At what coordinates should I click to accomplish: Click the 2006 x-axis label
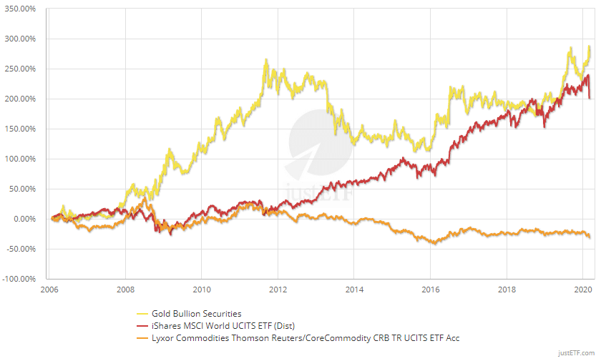[49, 290]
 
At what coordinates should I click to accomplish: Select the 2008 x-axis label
[125, 290]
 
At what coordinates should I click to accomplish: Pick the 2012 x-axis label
[278, 290]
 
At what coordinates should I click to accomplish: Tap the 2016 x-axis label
[430, 290]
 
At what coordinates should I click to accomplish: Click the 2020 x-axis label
[582, 290]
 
